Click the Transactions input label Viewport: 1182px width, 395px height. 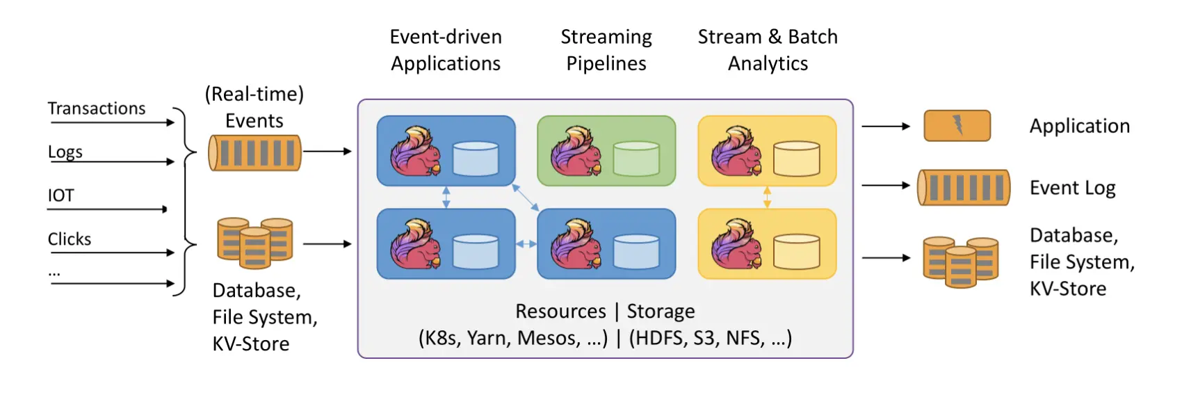click(x=97, y=108)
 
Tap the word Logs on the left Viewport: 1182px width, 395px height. click(x=65, y=152)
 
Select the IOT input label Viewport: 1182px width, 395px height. click(x=60, y=195)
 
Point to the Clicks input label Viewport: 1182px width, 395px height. click(x=70, y=239)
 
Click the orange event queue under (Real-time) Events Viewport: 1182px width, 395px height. click(x=255, y=153)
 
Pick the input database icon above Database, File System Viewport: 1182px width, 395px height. click(x=255, y=243)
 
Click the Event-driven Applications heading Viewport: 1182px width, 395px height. click(x=446, y=50)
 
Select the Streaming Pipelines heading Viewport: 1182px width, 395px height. click(x=606, y=50)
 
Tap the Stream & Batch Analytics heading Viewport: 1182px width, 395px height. click(x=768, y=50)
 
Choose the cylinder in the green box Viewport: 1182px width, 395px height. click(x=636, y=159)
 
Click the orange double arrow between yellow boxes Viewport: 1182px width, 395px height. click(x=767, y=197)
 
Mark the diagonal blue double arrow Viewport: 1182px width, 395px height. click(x=526, y=197)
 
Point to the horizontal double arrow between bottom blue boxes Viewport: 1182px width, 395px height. click(x=526, y=244)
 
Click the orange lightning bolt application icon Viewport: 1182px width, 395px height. click(x=957, y=126)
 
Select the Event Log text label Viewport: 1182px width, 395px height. click(x=1072, y=188)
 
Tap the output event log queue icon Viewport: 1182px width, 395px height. click(x=964, y=188)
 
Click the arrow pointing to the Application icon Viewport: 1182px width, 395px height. click(x=886, y=127)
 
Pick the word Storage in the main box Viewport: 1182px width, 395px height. click(x=661, y=311)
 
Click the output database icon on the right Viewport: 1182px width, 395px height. click(x=961, y=261)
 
